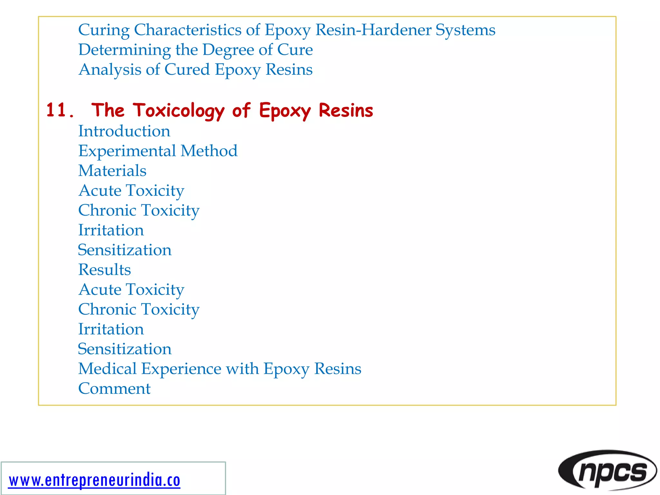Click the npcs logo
point(608,471)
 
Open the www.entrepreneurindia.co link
point(94,480)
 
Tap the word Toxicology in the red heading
point(179,111)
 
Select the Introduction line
point(124,131)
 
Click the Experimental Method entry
point(158,151)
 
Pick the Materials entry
point(112,171)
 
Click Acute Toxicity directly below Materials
point(131,190)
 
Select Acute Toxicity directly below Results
point(131,289)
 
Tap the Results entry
point(105,270)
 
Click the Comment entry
point(114,388)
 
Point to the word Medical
point(108,369)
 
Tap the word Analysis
point(110,70)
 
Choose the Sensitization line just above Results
point(125,250)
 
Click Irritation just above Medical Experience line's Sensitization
point(111,329)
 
